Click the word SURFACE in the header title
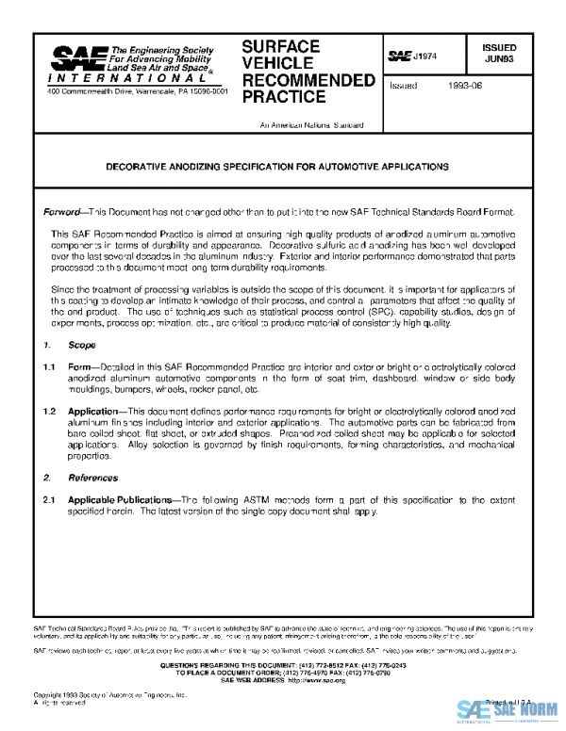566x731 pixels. (x=280, y=46)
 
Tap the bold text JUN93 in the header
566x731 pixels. (x=499, y=57)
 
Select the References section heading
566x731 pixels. (x=92, y=478)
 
